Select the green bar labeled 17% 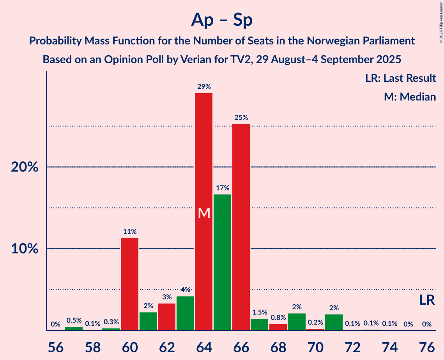[x=222, y=262]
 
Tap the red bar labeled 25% [x=241, y=227]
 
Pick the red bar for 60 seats [x=129, y=284]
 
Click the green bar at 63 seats [x=185, y=313]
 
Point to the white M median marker [x=204, y=213]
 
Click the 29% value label [x=203, y=86]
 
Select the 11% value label [x=129, y=231]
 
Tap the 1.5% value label [x=260, y=312]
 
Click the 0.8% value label [x=278, y=318]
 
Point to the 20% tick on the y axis [x=24, y=167]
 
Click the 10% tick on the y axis [x=24, y=249]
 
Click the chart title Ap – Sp [x=222, y=20]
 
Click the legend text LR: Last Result [x=400, y=78]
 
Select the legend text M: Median [x=410, y=97]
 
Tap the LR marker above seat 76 [x=427, y=300]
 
